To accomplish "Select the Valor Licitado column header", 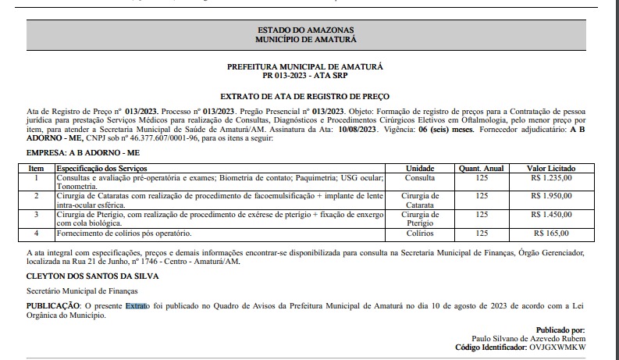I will coord(551,169).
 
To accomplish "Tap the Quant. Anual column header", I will coord(481,169).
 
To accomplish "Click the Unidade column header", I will coord(419,169).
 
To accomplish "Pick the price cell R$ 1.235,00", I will coord(550,178).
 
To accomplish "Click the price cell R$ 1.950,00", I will coord(550,196).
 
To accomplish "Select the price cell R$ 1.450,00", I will coord(550,214).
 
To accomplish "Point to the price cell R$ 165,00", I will coord(552,233).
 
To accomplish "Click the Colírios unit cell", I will coord(419,233).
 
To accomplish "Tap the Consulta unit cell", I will coord(419,178).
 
